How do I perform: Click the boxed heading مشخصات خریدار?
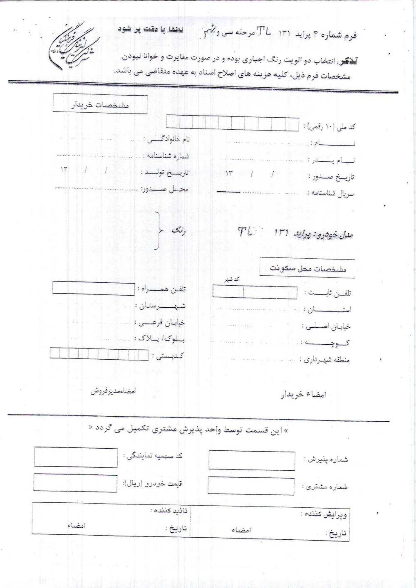coord(100,104)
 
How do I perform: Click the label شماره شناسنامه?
coord(166,156)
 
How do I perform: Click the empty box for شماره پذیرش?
coord(252,460)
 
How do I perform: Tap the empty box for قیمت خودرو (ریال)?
coord(75,483)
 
